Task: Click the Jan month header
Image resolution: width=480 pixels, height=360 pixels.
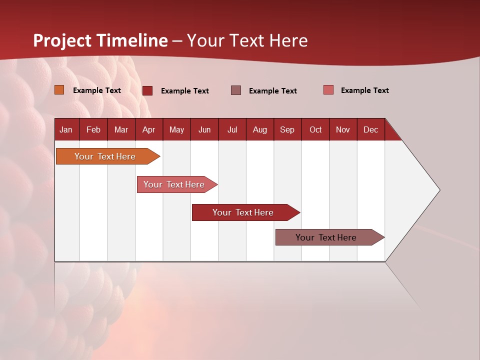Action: coord(66,129)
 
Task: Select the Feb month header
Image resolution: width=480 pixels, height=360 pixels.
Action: coord(93,129)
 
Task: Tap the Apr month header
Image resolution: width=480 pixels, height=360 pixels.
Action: coord(148,129)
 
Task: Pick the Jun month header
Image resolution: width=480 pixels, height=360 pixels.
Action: coord(204,129)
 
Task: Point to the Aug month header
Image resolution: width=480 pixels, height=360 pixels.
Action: coord(259,129)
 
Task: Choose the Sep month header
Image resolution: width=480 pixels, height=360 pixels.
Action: coord(287,129)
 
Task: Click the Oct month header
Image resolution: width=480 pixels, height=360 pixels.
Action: coord(315,129)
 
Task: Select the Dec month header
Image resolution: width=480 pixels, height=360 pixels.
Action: coord(370,129)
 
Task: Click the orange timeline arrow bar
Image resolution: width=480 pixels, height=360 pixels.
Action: coord(105,156)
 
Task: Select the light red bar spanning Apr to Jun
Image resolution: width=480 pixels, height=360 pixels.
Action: coord(174,184)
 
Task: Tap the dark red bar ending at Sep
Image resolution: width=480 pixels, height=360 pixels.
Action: coord(243,212)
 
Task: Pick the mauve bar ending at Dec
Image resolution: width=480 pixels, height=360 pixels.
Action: coord(326,237)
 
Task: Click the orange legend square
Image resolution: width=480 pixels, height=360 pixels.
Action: coord(59,90)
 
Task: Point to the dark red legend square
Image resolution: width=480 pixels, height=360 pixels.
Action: coord(147,90)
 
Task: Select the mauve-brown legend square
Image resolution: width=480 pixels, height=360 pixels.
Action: coord(236,90)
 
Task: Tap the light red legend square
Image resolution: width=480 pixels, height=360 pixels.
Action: coord(328,90)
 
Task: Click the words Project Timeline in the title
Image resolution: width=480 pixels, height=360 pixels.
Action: coord(100,40)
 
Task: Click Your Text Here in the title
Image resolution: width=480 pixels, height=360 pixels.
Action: coord(247,40)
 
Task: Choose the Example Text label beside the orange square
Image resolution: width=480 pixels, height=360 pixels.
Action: coord(97,90)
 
